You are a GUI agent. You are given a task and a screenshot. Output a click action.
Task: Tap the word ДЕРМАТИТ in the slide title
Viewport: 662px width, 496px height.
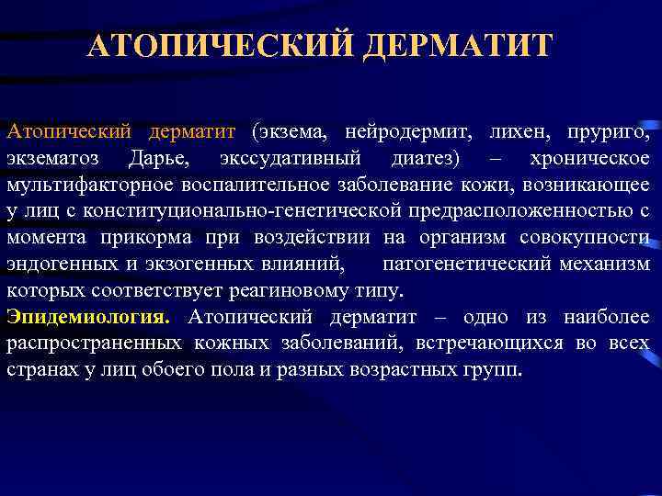(x=458, y=45)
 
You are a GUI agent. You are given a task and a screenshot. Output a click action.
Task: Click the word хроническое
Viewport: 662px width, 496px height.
(x=589, y=159)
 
